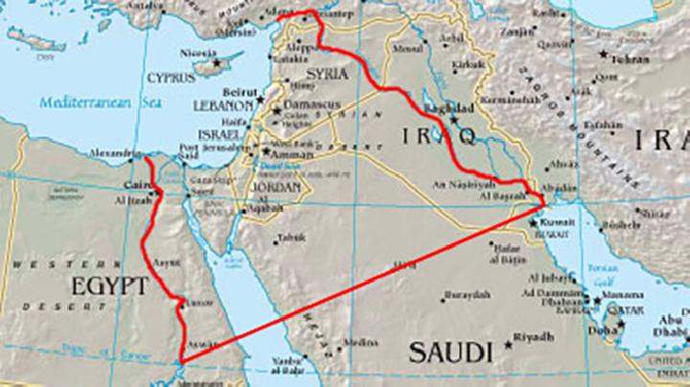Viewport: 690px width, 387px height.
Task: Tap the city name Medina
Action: [x=361, y=341]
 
